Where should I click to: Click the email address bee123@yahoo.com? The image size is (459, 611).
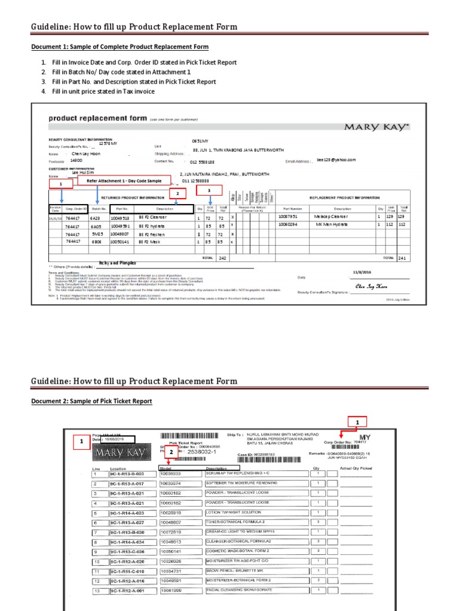(336, 160)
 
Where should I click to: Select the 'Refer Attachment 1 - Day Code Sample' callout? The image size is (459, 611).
(124, 180)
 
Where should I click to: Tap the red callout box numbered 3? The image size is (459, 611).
(209, 190)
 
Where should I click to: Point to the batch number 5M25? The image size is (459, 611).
(96, 234)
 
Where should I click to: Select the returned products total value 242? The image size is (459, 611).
(222, 258)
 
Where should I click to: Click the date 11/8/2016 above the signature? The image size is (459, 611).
(362, 271)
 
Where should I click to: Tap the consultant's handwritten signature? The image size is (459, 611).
(368, 286)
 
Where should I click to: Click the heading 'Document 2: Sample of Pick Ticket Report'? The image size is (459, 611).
(91, 402)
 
